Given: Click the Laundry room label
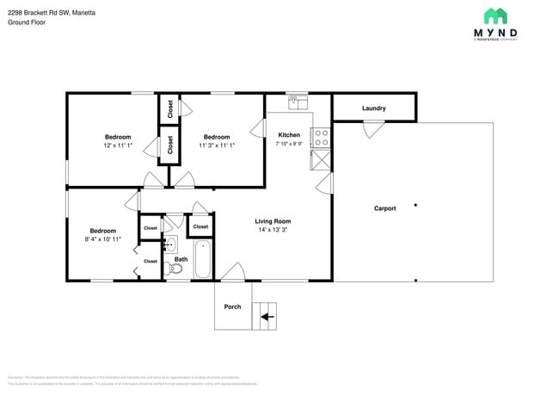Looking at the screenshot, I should point(373,108).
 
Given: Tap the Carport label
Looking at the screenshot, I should point(384,208).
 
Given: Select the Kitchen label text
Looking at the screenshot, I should point(289,135).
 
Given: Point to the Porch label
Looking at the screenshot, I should point(232,306).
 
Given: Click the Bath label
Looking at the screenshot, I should point(181,259).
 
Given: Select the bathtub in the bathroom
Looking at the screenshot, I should point(202,258).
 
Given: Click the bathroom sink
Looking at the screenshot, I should point(170,244).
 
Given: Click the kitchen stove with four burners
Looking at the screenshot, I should point(320,134).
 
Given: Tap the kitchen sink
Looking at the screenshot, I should point(298,102).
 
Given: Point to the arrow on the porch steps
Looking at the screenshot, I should point(267,317).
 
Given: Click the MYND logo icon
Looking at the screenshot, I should point(494,16).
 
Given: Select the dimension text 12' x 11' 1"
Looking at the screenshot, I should point(118,145).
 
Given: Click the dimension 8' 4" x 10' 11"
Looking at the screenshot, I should point(103,238).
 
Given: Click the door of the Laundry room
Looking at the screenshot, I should point(372,129).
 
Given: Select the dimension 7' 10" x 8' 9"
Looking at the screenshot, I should point(289,145).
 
